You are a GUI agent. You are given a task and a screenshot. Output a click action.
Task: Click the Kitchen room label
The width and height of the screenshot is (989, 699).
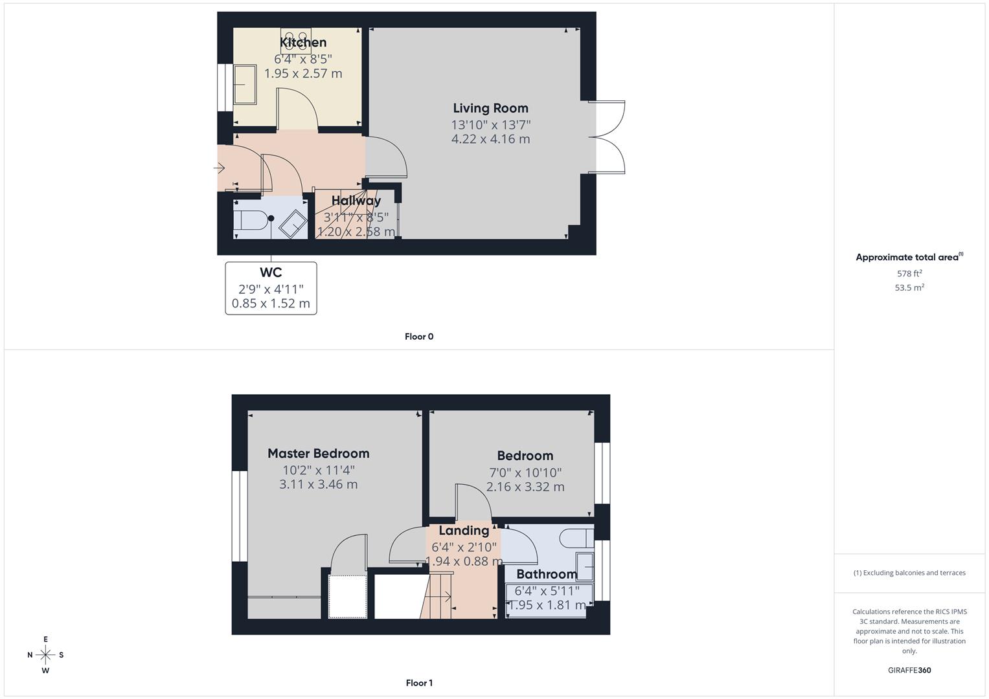click(x=303, y=43)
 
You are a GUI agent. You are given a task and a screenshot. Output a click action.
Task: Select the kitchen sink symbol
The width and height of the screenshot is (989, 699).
click(x=244, y=83)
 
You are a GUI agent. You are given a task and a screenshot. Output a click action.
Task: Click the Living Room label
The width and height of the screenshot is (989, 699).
click(x=490, y=108)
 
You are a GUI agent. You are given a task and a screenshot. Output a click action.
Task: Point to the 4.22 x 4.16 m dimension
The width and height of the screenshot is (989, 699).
click(x=490, y=139)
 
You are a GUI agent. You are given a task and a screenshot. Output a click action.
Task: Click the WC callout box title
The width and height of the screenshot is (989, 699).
click(x=271, y=272)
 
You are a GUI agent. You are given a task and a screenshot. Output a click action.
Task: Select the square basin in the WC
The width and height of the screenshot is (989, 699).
click(x=293, y=224)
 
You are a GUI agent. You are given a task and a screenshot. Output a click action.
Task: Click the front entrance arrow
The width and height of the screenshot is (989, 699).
click(x=220, y=168)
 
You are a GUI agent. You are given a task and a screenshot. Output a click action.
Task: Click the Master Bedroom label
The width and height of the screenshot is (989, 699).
click(x=318, y=453)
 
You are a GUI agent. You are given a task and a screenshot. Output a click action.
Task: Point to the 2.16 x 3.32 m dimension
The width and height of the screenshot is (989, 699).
click(x=525, y=487)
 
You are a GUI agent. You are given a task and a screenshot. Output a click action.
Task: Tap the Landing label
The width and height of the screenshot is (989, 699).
click(x=464, y=531)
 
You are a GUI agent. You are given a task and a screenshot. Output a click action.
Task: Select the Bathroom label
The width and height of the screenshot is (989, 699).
click(x=546, y=574)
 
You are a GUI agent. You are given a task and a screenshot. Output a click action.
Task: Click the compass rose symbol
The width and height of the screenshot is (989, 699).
click(x=45, y=654)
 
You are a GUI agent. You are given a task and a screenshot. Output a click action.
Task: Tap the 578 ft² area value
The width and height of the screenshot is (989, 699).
click(x=909, y=273)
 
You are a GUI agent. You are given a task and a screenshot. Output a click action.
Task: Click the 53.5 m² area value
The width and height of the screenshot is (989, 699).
click(x=909, y=287)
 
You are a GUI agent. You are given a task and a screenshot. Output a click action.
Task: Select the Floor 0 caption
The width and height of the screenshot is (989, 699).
click(x=418, y=337)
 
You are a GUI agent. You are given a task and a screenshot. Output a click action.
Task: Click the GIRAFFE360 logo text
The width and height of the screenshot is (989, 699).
click(x=909, y=670)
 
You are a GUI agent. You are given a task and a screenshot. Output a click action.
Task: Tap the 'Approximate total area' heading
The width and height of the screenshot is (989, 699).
click(x=908, y=257)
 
